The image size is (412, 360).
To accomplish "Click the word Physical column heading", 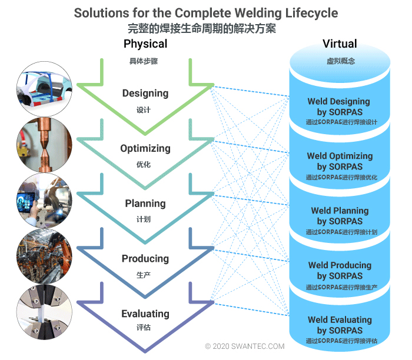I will point(145,44).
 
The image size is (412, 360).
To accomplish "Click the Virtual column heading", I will point(340,44).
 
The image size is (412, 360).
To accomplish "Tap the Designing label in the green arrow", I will point(145,94).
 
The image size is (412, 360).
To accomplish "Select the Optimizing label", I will point(145,148).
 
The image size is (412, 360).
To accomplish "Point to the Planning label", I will point(145,204).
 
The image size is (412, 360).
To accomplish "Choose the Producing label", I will point(145,259).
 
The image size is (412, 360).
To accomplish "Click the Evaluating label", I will point(145,314).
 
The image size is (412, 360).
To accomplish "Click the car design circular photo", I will point(45,89).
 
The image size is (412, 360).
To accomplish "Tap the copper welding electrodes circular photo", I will point(45,145).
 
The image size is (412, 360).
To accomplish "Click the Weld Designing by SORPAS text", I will point(339,106).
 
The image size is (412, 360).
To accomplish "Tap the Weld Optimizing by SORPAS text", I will point(340,161).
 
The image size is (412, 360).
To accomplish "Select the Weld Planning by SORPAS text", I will point(340,216).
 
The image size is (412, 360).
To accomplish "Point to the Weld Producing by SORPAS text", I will point(340,271).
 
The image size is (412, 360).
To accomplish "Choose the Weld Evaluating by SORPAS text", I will point(340,325).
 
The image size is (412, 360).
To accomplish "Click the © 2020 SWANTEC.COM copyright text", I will point(245,347).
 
